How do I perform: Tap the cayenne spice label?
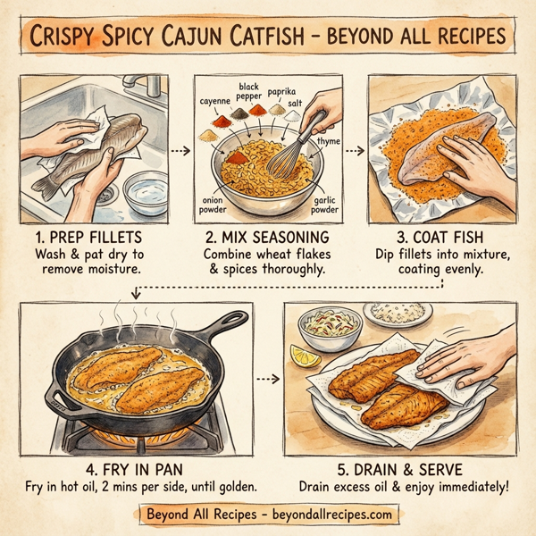coord(214,103)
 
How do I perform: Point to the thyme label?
coord(328,140)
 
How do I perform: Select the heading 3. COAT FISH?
coord(440,238)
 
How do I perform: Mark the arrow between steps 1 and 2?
coord(181,150)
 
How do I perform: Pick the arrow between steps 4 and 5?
coord(266,379)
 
